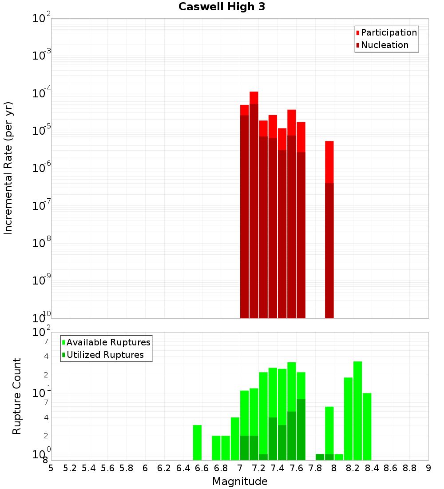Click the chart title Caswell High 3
(222, 7)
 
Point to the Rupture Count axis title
(17, 396)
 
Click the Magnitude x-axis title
(240, 481)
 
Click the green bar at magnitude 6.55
(197, 442)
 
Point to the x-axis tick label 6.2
(164, 468)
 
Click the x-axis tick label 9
(428, 468)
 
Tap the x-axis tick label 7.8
(315, 468)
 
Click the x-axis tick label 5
(51, 468)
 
